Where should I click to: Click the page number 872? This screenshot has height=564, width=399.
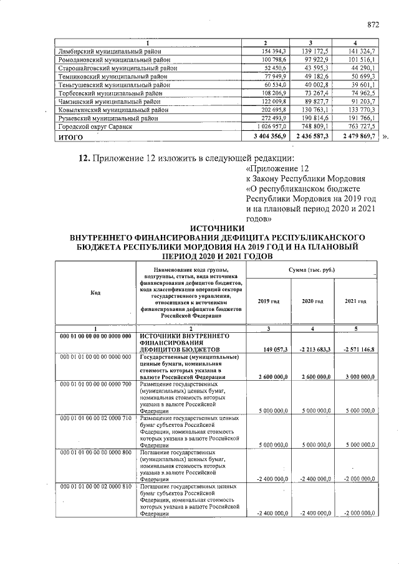click(373, 25)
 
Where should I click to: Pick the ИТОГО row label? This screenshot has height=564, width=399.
click(70, 136)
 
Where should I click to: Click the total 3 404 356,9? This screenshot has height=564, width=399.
click(269, 136)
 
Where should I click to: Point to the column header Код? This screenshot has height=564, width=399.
click(95, 292)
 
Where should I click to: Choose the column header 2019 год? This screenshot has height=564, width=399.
click(269, 301)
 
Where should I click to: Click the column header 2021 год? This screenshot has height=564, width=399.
click(355, 301)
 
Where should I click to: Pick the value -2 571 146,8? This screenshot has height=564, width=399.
click(358, 350)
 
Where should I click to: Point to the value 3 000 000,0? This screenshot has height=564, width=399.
click(358, 377)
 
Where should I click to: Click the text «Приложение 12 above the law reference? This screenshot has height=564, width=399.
click(278, 169)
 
